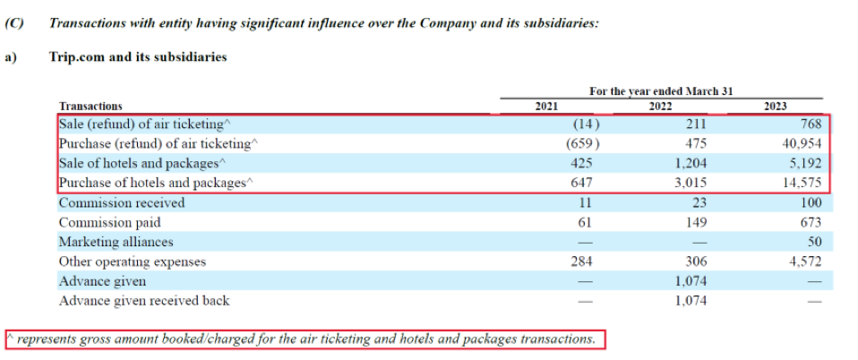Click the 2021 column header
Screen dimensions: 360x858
pos(545,106)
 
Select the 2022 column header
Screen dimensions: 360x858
pos(660,106)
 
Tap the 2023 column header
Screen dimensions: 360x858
pos(775,106)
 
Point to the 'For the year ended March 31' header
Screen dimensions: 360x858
pos(661,91)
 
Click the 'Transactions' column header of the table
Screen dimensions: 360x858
pos(90,106)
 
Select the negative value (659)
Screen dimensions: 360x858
pos(582,143)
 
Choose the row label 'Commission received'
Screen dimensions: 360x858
pos(121,202)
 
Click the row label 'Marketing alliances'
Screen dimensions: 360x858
pos(116,242)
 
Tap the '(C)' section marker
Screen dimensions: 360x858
pos(15,23)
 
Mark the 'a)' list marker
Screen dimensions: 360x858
pos(12,56)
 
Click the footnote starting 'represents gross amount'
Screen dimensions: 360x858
pos(305,339)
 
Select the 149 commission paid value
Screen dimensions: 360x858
pos(694,222)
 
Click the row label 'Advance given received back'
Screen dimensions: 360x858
pos(143,301)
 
